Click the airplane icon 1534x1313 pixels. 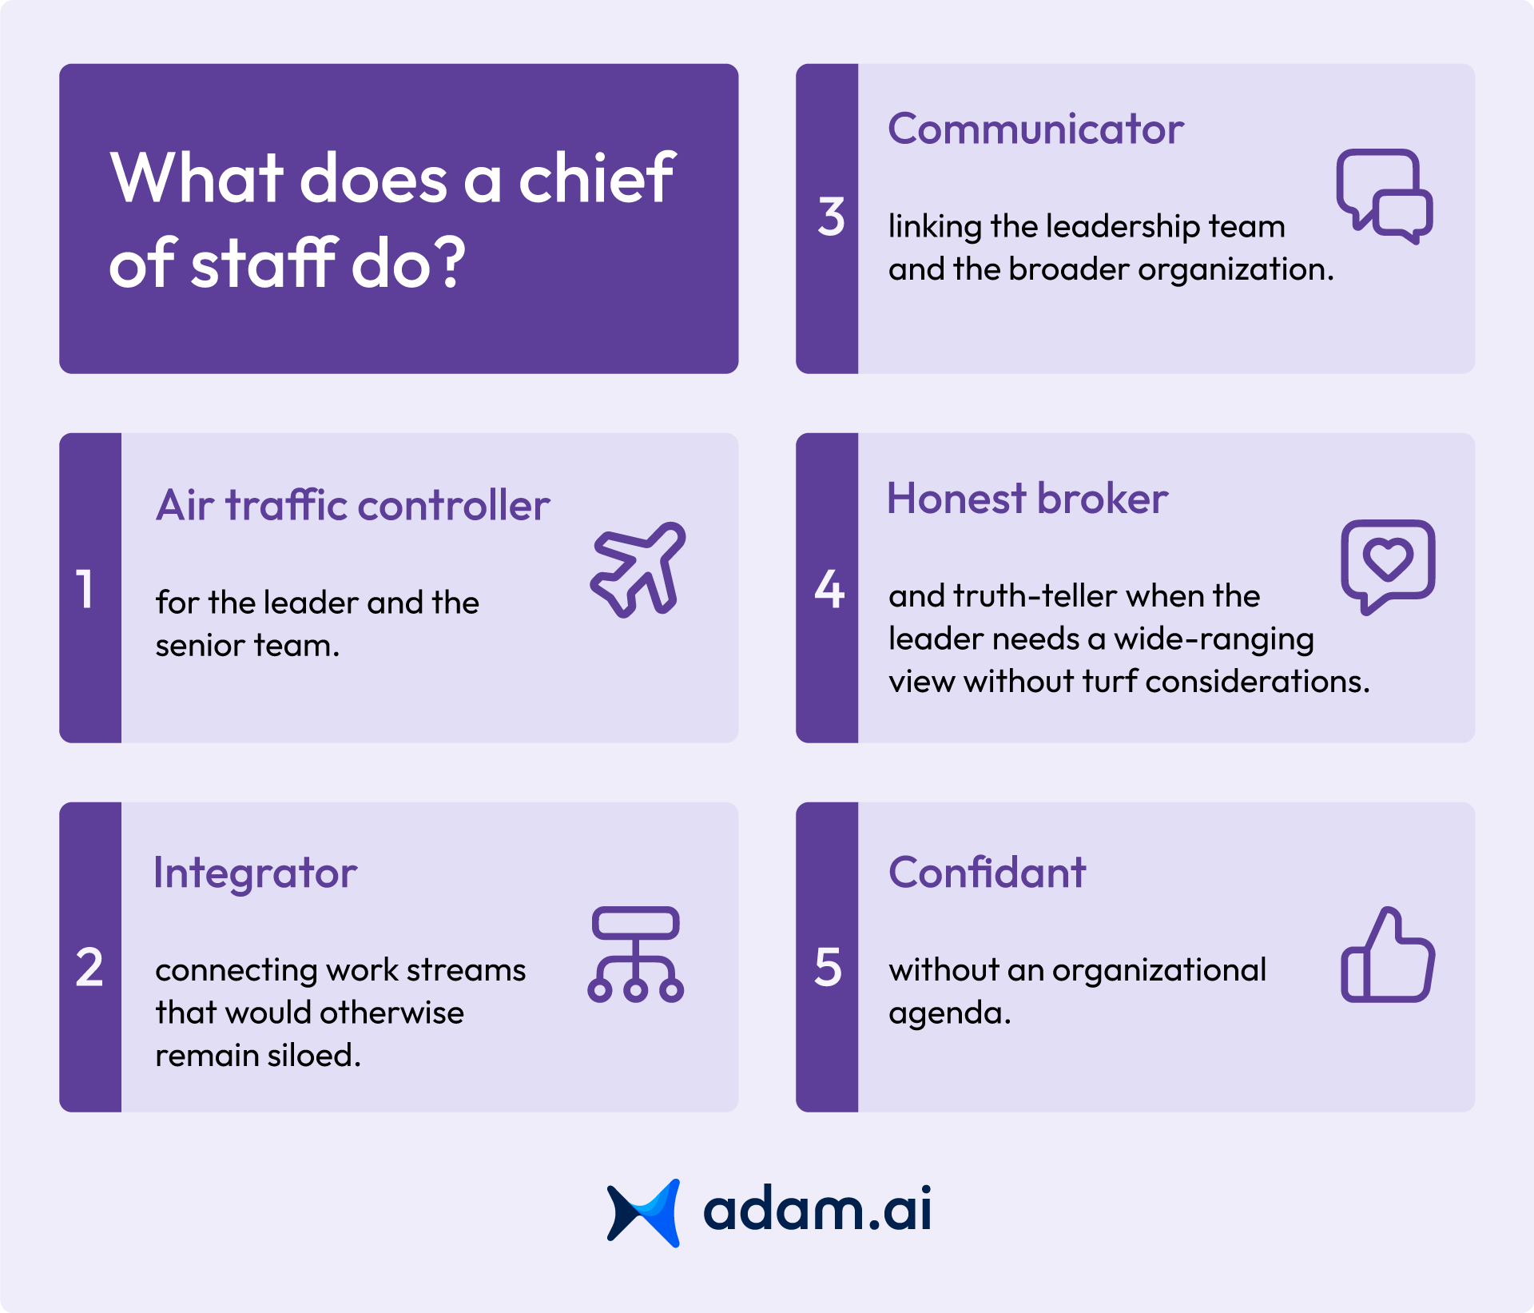click(x=638, y=570)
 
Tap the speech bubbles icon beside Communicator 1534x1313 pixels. click(x=1385, y=196)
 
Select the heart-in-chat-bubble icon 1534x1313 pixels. click(x=1388, y=566)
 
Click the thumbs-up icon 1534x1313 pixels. click(x=1388, y=956)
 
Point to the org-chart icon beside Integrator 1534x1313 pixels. click(x=635, y=954)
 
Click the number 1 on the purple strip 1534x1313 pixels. click(x=85, y=590)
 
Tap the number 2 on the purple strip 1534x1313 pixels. click(x=89, y=968)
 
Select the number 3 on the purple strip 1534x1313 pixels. click(x=831, y=217)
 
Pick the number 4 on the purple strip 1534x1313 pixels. click(x=829, y=590)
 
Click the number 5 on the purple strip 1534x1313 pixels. click(x=829, y=968)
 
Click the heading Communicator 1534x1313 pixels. click(x=1035, y=129)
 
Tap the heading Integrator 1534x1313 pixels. click(x=256, y=873)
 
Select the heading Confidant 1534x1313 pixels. click(x=988, y=873)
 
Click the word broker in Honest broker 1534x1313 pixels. click(x=1103, y=499)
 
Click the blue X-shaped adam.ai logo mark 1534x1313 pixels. click(x=644, y=1212)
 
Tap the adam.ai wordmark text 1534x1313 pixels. click(x=817, y=1210)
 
